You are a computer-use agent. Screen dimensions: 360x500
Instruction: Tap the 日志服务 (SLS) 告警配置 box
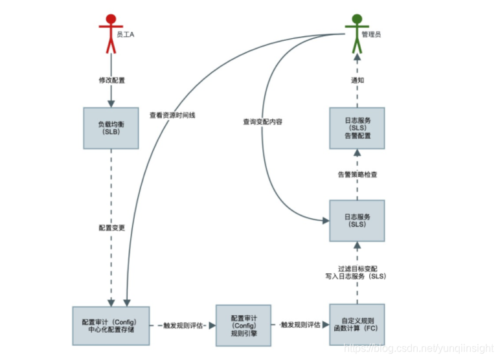357,127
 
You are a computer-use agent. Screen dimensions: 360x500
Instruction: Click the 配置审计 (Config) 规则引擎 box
242,325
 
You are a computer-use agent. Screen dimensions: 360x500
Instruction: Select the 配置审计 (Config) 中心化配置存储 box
111,325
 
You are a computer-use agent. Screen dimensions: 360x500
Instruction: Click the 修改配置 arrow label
111,80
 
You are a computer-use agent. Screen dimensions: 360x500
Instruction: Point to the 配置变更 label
111,228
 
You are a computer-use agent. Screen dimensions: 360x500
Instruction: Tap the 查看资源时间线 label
172,115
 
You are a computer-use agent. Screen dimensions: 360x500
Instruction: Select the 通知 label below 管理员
358,80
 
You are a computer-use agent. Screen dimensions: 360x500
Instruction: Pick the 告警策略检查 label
358,174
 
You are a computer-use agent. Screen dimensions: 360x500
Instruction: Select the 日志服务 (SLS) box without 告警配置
357,219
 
